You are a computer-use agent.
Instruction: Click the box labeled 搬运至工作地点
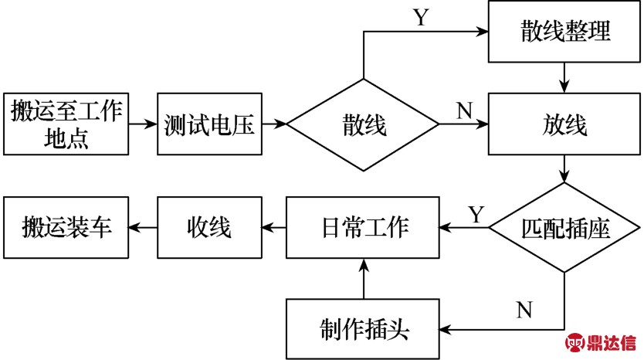[66, 124]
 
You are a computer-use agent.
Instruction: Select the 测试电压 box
[209, 124]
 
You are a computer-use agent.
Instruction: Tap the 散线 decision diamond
[364, 124]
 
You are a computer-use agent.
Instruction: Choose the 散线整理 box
[567, 32]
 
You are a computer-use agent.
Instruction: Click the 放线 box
[567, 124]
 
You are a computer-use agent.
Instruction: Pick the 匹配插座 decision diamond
[567, 227]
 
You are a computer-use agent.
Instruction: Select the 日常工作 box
[364, 227]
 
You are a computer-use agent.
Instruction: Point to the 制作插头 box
[364, 329]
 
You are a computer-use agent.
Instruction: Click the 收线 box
[209, 227]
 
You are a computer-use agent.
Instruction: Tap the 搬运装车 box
[66, 227]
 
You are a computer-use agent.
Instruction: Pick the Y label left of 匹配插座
[476, 214]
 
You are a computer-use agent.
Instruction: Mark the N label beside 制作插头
[524, 311]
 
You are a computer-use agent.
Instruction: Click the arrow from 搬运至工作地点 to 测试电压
[144, 124]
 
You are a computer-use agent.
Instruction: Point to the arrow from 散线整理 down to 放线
[567, 78]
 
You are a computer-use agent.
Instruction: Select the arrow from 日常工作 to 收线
[274, 227]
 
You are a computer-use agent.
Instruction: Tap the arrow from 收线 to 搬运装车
[144, 227]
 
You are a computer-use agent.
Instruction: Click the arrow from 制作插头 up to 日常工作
[364, 278]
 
